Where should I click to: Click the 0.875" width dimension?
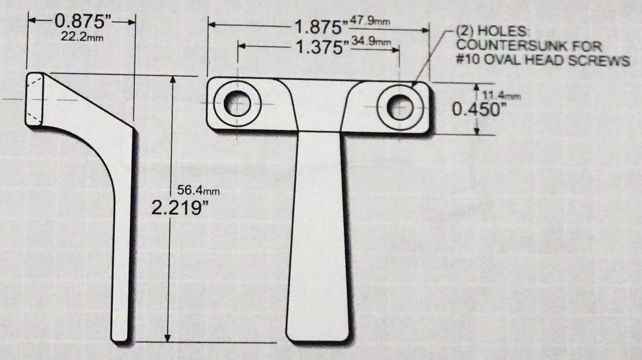click(82, 22)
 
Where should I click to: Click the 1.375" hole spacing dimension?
click(320, 48)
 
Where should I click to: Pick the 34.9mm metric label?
click(369, 42)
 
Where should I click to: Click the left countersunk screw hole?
click(237, 103)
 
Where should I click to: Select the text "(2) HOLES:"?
click(486, 31)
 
